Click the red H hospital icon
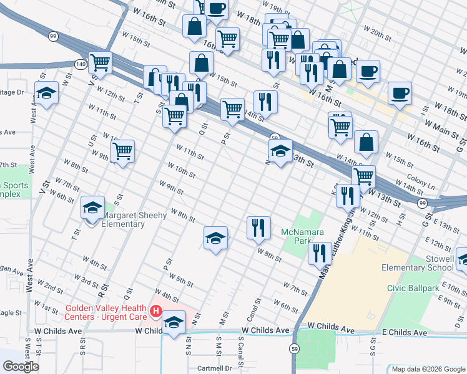(156, 310)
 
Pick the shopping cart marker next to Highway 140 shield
(100, 62)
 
